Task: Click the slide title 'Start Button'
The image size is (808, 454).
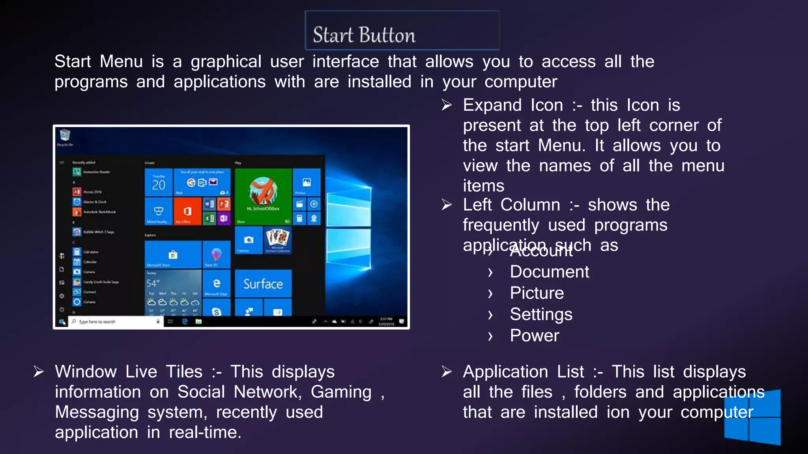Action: coord(364,35)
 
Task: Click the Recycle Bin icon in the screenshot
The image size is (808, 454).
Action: coord(65,136)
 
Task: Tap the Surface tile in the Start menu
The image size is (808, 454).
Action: coord(263,284)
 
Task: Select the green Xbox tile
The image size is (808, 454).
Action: coord(263,196)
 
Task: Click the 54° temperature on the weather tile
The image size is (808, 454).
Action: coord(153,283)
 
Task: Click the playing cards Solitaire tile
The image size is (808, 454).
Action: coord(278,240)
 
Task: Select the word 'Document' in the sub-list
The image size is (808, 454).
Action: coord(549,272)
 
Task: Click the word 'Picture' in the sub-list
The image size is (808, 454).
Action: coord(537,293)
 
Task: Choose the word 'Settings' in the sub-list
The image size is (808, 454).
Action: coord(541,314)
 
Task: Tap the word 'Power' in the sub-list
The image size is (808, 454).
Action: coord(534,336)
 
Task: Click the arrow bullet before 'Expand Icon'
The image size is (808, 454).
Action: coord(447,105)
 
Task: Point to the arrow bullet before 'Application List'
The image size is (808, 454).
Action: coord(447,372)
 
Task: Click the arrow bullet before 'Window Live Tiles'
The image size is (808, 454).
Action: coord(39,372)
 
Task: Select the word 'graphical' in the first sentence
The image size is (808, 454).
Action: coord(226,62)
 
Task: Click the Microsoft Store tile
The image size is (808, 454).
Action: coord(173,255)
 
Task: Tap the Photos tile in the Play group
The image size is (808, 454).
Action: coord(307,182)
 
